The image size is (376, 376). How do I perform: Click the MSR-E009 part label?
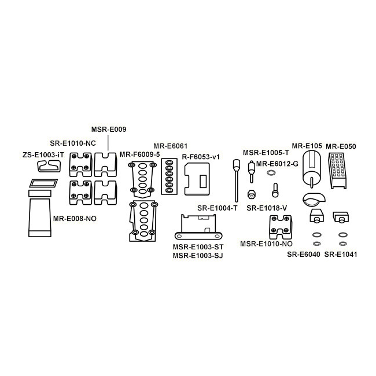coord(109,130)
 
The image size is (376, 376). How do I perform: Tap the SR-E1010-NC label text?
coord(73,143)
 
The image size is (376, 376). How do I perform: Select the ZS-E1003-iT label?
coord(43,155)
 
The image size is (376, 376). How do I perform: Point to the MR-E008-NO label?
coord(75,219)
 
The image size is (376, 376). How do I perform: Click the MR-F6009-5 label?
coord(139,154)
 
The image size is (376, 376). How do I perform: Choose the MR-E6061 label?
coord(171,146)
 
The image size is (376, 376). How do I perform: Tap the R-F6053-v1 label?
coord(201,157)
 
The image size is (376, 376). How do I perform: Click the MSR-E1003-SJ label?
coord(198,256)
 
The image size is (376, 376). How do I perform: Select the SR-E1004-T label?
coord(218,208)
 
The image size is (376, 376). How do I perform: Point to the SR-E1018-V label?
coord(267,208)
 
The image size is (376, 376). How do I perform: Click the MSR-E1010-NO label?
coord(266,244)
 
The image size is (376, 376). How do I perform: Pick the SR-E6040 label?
coord(304,255)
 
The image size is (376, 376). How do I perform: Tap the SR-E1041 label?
coord(341,255)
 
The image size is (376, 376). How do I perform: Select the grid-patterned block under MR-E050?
coord(338,171)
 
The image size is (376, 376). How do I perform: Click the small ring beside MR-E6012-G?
coord(271,172)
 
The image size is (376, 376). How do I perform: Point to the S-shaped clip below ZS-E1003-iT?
coord(49,166)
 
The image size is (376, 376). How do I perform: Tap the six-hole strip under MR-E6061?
coord(169,176)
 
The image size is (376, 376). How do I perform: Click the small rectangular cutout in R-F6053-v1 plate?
coord(203,181)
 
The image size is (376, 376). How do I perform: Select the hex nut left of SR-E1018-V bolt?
coord(251,194)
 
